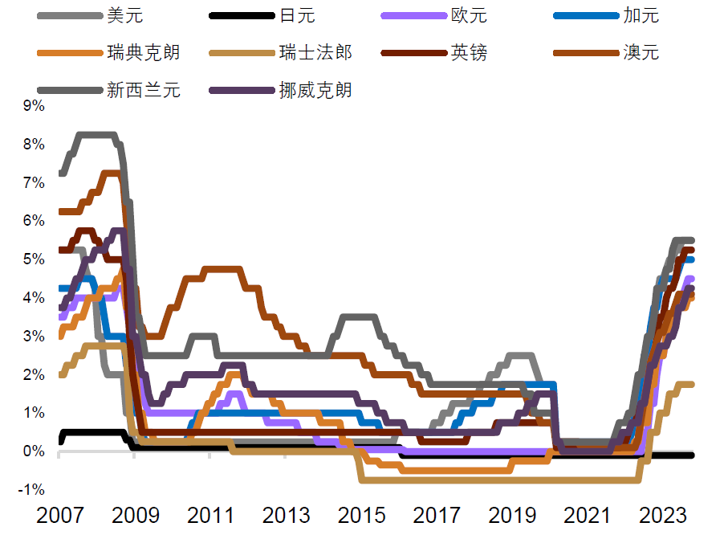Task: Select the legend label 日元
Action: click(x=297, y=15)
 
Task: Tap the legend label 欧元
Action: click(x=470, y=15)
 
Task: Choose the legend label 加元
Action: click(x=641, y=15)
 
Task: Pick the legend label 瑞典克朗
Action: click(x=143, y=52)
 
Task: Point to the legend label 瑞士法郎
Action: click(x=315, y=52)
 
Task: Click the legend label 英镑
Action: click(x=470, y=52)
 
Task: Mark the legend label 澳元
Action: click(x=641, y=52)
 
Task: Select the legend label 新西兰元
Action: click(x=143, y=89)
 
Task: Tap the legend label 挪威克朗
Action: click(x=315, y=89)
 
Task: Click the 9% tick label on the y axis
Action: click(x=34, y=105)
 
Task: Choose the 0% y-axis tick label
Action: click(x=34, y=451)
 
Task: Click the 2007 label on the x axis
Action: click(x=59, y=515)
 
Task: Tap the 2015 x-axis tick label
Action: click(x=361, y=515)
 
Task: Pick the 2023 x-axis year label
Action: click(x=663, y=515)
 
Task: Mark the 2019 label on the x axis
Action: click(x=512, y=515)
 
